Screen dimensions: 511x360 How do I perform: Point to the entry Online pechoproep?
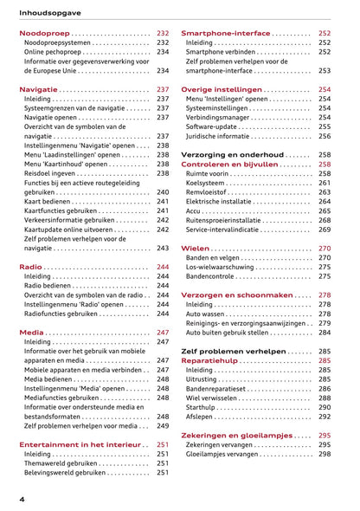pos(53,52)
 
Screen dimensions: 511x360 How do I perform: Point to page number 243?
pos(163,248)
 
